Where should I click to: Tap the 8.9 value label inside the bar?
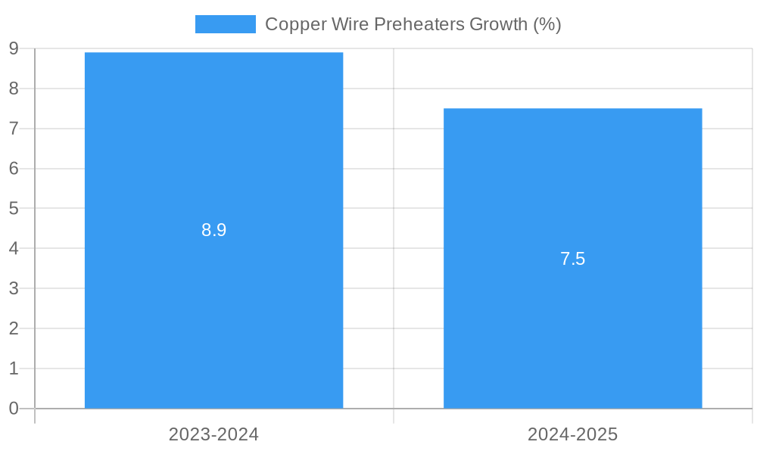tap(213, 230)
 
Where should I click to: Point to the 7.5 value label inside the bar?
tap(572, 259)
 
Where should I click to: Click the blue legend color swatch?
tap(225, 24)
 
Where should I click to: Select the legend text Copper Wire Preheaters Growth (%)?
tap(413, 24)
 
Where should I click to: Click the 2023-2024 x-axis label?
tap(213, 434)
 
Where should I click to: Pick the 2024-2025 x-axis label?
tap(572, 434)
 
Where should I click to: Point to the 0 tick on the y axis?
tap(14, 409)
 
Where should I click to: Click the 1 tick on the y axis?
tap(14, 368)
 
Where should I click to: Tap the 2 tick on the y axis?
tap(14, 328)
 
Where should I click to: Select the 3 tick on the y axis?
tap(14, 288)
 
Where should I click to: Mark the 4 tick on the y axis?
tap(14, 248)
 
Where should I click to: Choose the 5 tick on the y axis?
tap(14, 208)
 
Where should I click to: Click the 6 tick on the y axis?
tap(14, 169)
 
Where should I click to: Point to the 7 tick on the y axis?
tap(14, 129)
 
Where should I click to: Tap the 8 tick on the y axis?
tap(14, 89)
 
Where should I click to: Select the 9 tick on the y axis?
tap(14, 48)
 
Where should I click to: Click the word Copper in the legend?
tap(291, 24)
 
